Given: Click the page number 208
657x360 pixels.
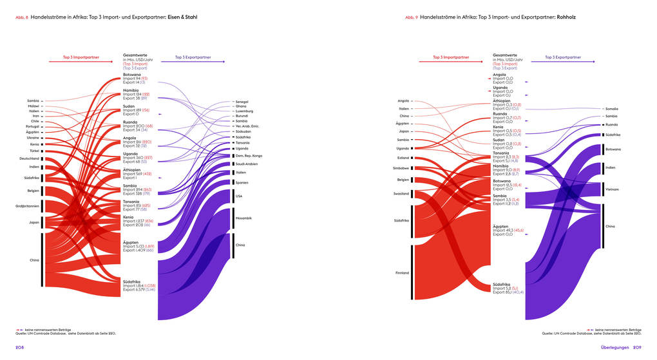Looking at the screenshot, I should click(19, 348).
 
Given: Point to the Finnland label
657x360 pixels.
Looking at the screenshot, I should click(402, 272).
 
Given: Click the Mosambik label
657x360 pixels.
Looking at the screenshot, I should click(243, 218).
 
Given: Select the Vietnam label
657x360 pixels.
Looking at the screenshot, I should click(612, 190).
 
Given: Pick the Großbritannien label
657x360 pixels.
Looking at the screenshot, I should click(27, 206).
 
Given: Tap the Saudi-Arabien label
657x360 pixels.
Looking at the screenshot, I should click(246, 164).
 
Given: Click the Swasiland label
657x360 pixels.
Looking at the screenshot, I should click(401, 193).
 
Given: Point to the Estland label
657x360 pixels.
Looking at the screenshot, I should click(403, 158).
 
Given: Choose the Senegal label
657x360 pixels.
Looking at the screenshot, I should click(242, 102).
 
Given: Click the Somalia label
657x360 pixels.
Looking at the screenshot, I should click(612, 109).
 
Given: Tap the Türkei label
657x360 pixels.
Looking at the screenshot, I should click(34, 151).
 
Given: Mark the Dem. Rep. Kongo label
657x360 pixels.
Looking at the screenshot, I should click(247, 156).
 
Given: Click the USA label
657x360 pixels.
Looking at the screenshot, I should click(239, 196).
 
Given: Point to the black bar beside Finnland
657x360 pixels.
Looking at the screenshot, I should click(412, 272).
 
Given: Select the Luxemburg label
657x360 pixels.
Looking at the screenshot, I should click(244, 111).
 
